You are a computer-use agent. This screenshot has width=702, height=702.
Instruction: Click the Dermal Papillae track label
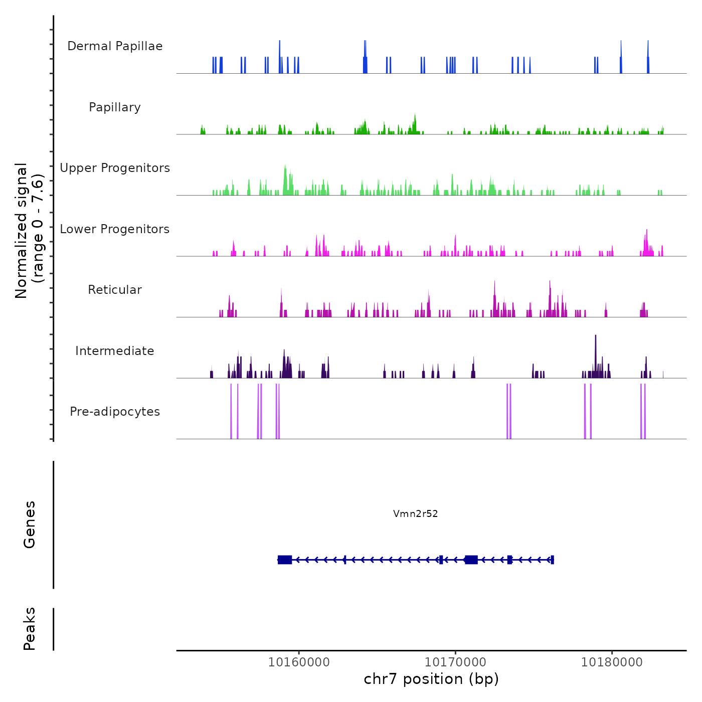115,46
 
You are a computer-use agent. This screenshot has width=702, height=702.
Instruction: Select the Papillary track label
115,107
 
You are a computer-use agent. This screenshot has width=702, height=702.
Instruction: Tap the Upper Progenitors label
115,168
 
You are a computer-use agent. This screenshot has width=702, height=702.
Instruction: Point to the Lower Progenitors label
115,229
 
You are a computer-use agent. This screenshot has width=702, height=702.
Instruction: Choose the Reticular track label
115,290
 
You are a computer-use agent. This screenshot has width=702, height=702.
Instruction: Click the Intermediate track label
115,351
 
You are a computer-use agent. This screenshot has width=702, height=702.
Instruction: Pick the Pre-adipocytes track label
115,412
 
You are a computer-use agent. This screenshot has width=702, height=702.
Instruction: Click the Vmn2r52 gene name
416,513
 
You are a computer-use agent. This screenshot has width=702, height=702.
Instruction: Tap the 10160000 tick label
299,662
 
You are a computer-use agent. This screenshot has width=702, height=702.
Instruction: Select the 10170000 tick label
456,662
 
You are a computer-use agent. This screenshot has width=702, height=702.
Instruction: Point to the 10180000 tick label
612,662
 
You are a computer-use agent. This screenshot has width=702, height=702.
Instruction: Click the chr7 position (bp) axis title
431,679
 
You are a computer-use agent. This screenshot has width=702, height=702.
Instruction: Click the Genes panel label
30,524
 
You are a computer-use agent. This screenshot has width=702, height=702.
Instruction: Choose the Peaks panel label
30,628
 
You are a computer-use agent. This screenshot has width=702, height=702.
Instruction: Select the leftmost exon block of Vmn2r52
285,560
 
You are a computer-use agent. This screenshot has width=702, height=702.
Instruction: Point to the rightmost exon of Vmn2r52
552,560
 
